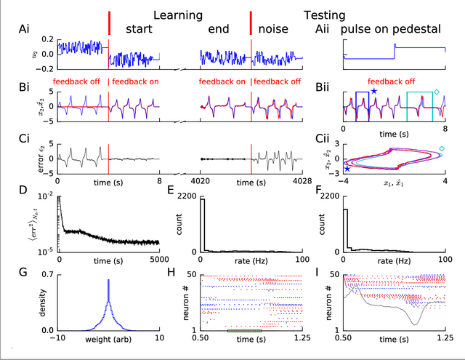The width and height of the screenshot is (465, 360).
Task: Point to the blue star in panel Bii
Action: [x=373, y=91]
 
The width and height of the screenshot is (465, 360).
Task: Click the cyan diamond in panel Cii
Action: [x=441, y=148]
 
